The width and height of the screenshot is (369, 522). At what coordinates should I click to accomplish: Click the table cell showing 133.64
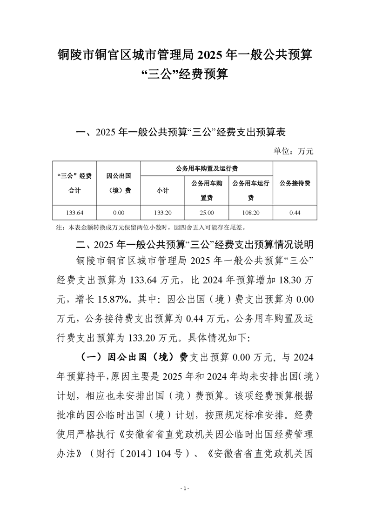[x=74, y=213]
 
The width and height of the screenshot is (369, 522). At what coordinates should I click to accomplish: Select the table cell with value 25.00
[x=207, y=213]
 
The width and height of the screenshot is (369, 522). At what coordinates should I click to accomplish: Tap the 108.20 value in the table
[x=250, y=213]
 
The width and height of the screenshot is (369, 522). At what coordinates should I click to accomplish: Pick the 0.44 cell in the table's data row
[x=295, y=213]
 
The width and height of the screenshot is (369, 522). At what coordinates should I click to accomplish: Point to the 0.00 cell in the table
[x=119, y=213]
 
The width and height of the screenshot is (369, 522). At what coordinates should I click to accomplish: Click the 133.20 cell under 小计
[x=162, y=213]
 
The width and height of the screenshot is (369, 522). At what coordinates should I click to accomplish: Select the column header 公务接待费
[x=295, y=183]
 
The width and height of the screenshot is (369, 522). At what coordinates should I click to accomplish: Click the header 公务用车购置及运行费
[x=207, y=168]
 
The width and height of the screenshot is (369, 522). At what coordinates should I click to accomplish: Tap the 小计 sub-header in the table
[x=162, y=190]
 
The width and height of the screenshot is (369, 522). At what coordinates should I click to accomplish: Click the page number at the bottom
[x=185, y=489]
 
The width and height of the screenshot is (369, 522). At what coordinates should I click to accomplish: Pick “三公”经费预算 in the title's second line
[x=184, y=74]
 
